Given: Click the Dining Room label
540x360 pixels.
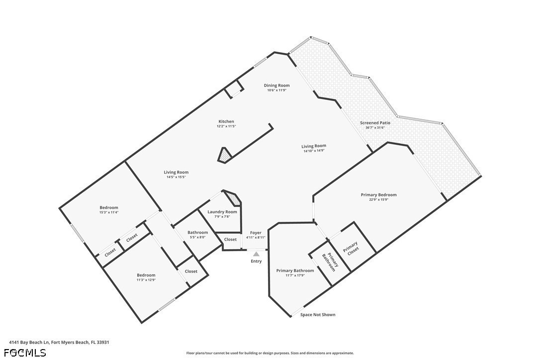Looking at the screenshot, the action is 276,86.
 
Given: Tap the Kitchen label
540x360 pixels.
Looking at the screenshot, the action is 226,121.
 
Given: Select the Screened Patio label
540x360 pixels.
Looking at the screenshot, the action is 375,123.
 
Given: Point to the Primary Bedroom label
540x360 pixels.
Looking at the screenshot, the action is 378,194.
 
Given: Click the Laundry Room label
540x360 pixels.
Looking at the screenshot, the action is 222,212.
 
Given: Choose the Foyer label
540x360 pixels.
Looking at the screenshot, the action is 256,233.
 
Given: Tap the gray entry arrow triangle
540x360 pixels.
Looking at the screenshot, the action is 256,254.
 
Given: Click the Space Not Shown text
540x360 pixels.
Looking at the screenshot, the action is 318,315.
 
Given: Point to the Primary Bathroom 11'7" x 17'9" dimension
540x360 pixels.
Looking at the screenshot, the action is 295,275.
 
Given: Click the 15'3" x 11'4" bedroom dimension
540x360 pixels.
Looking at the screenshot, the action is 109,212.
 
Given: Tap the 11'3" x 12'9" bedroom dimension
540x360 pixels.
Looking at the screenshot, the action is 146,280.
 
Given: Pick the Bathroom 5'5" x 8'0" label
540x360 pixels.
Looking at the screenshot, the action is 198,235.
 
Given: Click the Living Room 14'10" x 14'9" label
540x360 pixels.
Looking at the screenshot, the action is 314,148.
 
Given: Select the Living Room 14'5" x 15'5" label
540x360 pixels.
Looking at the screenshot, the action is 176,175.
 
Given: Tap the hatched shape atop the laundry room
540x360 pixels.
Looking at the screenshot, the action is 232,198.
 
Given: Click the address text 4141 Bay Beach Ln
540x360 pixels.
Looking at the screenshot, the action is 29,343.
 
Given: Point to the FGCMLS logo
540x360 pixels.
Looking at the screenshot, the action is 25,353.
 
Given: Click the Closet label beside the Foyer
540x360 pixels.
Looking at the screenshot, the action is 230,240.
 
